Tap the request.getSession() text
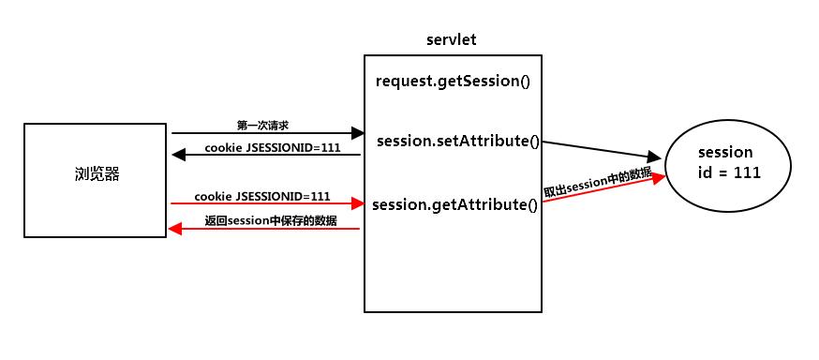(453, 81)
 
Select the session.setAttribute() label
(458, 142)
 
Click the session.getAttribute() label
(455, 203)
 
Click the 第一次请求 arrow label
(262, 124)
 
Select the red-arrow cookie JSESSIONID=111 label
(262, 196)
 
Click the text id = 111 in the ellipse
(730, 172)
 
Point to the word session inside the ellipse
(726, 152)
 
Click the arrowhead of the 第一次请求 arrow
(357, 134)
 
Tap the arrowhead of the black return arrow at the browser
(177, 156)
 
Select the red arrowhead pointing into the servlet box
(357, 202)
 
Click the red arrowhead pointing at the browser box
(175, 229)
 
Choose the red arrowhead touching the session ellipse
(659, 176)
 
